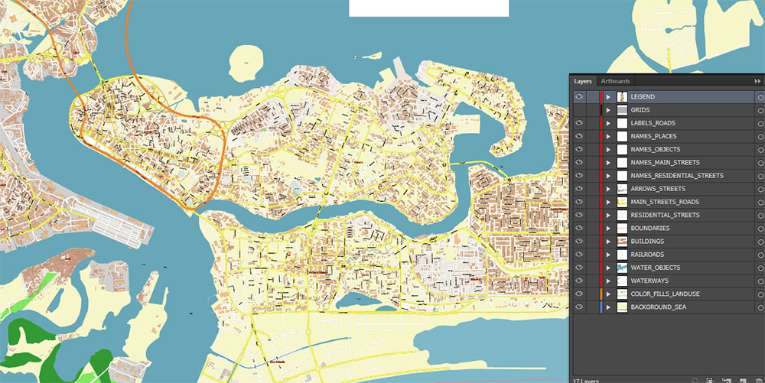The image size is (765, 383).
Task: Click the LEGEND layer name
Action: point(643,97)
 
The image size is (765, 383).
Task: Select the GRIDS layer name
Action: point(640,110)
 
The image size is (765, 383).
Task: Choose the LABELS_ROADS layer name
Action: point(653,123)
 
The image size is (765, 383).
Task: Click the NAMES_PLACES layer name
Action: point(653,136)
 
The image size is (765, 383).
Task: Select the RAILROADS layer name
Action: point(647,255)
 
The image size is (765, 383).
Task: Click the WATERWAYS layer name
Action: point(649,281)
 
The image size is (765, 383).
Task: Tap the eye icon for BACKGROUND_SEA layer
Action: point(579,307)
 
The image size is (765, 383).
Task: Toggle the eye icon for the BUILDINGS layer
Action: point(579,242)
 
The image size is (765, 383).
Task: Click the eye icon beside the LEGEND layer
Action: point(579,97)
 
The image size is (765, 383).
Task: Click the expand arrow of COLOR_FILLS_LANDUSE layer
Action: point(609,294)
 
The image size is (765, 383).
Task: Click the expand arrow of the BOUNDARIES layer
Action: point(609,228)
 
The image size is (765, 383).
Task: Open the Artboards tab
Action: point(615,81)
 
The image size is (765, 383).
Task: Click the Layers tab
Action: point(583,81)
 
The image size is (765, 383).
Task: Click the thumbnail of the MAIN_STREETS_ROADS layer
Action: point(622,202)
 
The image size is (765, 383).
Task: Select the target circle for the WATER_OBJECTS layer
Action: point(760,268)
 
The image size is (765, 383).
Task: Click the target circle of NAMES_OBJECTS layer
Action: point(760,149)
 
